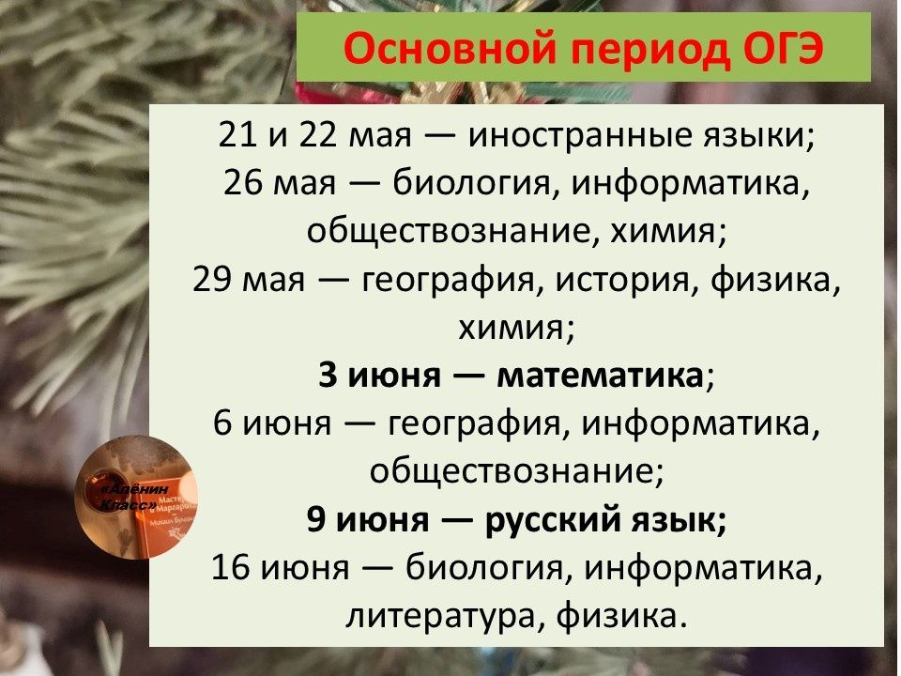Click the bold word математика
pyautogui.click(x=600, y=376)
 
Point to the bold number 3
pyautogui.click(x=328, y=376)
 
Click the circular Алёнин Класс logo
pyautogui.click(x=137, y=498)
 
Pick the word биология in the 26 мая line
pyautogui.click(x=471, y=184)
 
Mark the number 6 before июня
pyautogui.click(x=223, y=423)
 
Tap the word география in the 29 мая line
pyautogui.click(x=449, y=281)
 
